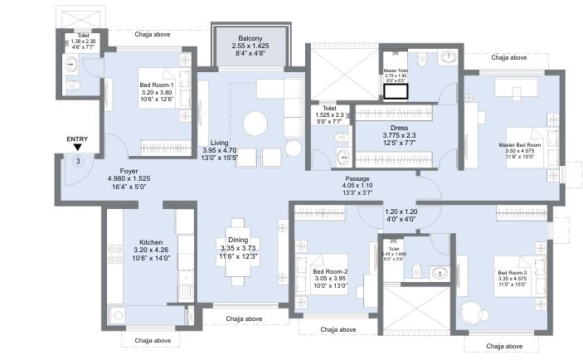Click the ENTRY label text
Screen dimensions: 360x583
tap(77, 139)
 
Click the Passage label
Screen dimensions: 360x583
tap(357, 178)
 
